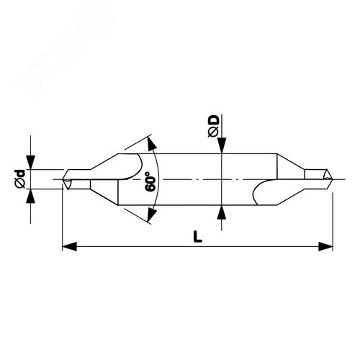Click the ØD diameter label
(x=214, y=126)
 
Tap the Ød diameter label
(x=20, y=179)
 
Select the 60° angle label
(x=150, y=181)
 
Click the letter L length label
(x=197, y=236)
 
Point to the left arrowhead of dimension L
(x=69, y=246)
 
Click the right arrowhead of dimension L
(x=325, y=246)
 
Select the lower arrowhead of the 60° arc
(x=151, y=215)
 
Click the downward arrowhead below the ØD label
(x=222, y=145)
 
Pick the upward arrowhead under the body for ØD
(x=222, y=212)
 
